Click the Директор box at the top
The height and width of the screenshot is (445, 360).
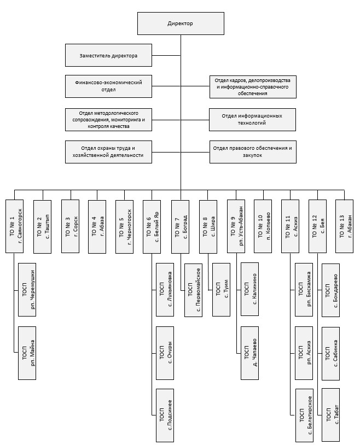click(180, 24)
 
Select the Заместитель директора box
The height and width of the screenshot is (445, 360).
click(108, 56)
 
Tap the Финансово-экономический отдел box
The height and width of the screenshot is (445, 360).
click(108, 86)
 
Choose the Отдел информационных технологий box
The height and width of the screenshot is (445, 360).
click(252, 119)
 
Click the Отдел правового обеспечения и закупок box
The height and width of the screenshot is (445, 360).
click(252, 151)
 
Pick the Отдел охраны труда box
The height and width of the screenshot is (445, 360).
click(108, 151)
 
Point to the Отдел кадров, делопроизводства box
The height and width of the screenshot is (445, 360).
click(252, 86)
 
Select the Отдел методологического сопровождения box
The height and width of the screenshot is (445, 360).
click(108, 119)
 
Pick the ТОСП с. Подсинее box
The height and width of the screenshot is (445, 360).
click(166, 415)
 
